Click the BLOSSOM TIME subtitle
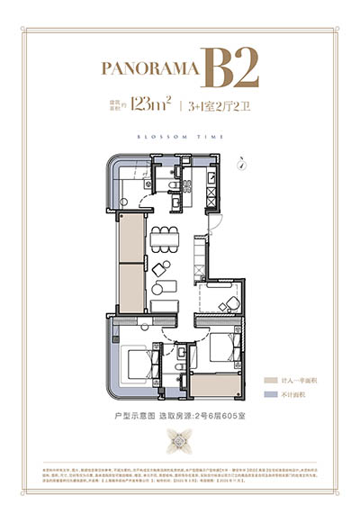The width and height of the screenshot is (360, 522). coord(180,137)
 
